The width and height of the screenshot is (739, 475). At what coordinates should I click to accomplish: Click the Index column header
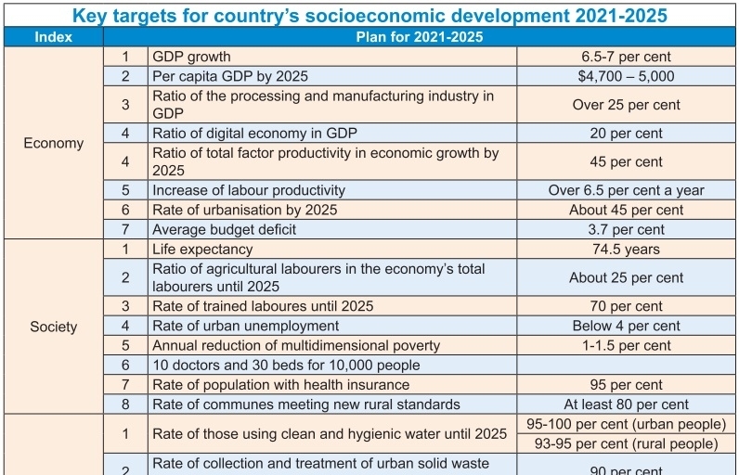coord(53,37)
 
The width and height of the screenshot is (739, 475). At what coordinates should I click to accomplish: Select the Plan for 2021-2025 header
coord(419,37)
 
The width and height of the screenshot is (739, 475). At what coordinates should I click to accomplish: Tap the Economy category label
coord(53,143)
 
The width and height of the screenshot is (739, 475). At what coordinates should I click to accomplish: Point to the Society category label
coord(53,327)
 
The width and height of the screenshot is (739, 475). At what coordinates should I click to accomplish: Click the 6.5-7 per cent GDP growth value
coord(625,57)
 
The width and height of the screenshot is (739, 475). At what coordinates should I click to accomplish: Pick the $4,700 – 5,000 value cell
coord(625,76)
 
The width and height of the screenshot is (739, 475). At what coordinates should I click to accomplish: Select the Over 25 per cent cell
coord(625,105)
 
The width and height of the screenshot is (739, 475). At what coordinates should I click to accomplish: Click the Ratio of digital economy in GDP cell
coord(254,133)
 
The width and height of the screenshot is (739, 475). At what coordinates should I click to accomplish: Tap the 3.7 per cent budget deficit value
coord(625,229)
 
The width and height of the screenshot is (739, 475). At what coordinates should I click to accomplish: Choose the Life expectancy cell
coord(202,249)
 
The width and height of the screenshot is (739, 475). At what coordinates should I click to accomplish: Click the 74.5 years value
coord(625,249)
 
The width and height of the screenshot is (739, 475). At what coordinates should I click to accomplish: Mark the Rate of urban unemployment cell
coord(245,326)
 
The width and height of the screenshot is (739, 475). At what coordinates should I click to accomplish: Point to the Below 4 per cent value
coord(625,326)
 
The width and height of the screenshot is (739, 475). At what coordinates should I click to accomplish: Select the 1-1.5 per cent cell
coord(625,345)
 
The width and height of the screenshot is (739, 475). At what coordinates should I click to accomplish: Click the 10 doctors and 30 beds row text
coord(286,365)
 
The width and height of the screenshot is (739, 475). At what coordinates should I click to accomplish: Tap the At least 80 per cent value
coord(625,404)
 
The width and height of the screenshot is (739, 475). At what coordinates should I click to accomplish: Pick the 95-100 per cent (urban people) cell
coord(625,424)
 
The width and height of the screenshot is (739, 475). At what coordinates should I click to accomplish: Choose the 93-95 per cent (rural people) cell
coord(625,443)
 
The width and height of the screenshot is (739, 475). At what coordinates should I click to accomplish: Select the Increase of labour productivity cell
coord(249,190)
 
